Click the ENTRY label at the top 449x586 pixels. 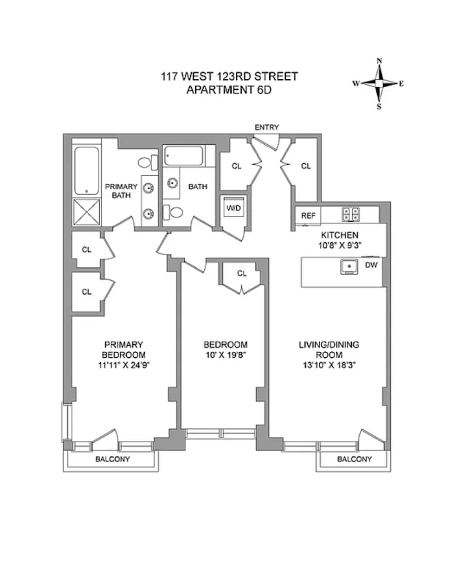[x=266, y=127]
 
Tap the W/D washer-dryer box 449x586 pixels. [x=233, y=208]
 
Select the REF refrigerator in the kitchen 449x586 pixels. [x=308, y=215]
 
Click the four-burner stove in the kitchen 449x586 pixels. [x=351, y=214]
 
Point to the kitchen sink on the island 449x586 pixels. [x=349, y=266]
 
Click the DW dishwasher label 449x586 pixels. [x=371, y=265]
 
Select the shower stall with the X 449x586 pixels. [x=86, y=212]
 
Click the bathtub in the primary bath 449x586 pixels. [x=87, y=171]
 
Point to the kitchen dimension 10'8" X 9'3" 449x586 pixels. [x=339, y=246]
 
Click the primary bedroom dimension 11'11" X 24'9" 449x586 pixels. [x=123, y=365]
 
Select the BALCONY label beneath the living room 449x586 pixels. [x=354, y=459]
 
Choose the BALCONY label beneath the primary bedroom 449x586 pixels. [x=113, y=459]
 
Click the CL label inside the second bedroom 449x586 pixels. [x=242, y=273]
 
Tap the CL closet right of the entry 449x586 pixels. [x=306, y=166]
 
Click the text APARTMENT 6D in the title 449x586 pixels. [x=229, y=90]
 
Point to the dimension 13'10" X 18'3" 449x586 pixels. [x=329, y=365]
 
